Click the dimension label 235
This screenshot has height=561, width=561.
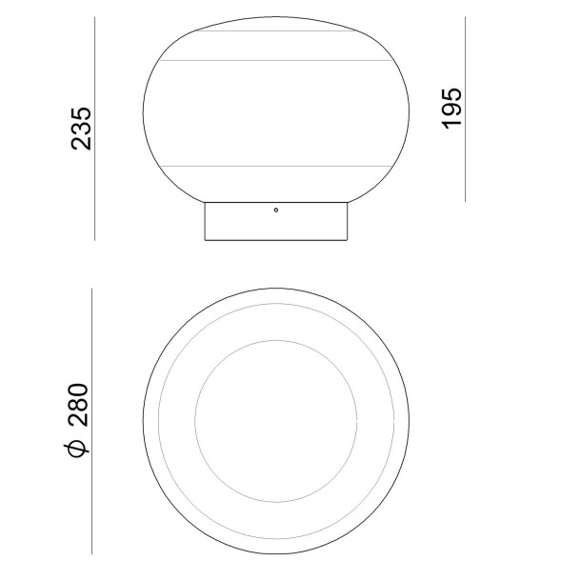pyautogui.click(x=82, y=128)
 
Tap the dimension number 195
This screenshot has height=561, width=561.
pyautogui.click(x=451, y=108)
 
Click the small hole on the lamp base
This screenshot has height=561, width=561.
pyautogui.click(x=275, y=209)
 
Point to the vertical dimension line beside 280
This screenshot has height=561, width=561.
pyautogui.click(x=91, y=419)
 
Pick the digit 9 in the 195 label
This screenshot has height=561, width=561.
pyautogui.click(x=451, y=108)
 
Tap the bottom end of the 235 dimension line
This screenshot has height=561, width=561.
pyautogui.click(x=96, y=238)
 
